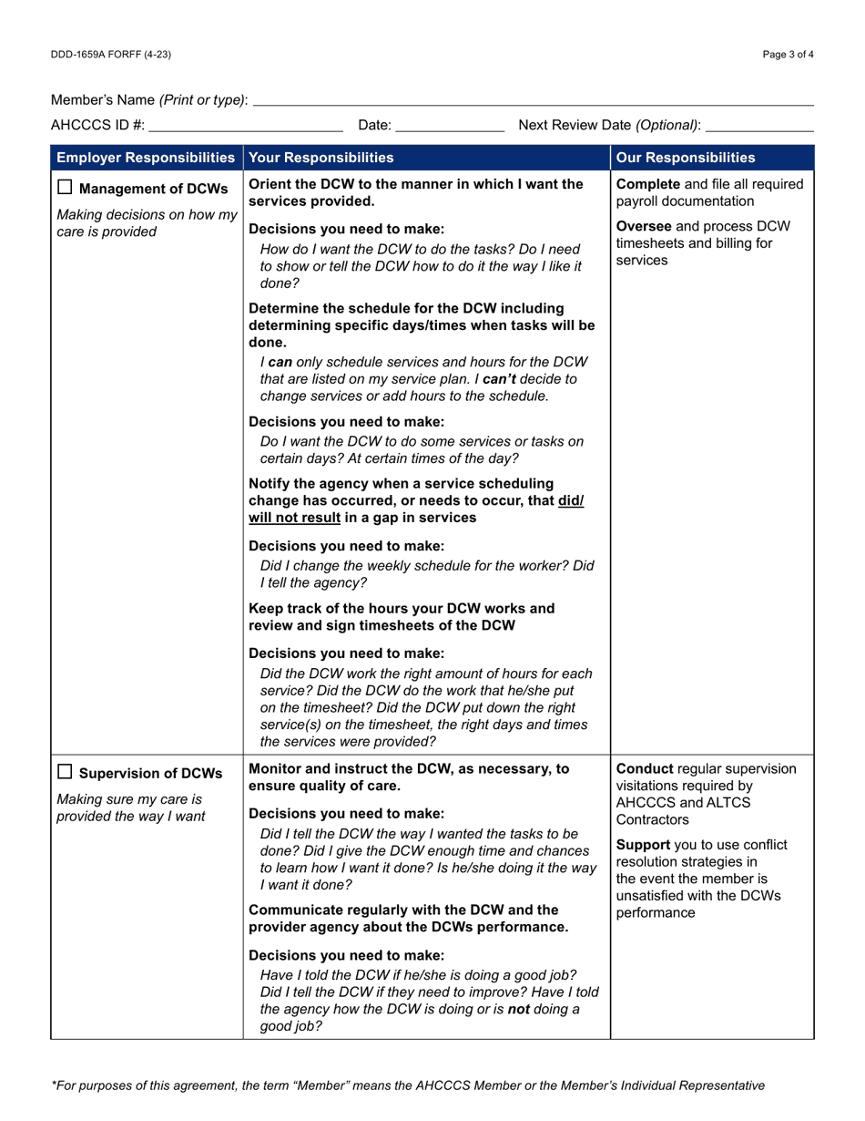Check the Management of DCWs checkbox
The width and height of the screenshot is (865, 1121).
(65, 190)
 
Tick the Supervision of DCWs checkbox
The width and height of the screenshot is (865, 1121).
(65, 774)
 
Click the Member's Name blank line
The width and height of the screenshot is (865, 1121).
(533, 99)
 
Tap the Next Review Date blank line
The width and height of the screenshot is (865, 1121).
(758, 125)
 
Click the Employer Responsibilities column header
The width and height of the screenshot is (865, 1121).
(146, 157)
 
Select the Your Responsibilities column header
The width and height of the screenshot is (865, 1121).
(321, 157)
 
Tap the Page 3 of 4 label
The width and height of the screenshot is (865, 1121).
(789, 55)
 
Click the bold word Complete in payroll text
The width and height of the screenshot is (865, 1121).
(649, 185)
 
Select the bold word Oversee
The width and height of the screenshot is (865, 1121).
(645, 227)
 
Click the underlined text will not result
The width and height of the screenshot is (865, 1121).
(297, 518)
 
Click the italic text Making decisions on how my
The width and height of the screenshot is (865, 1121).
(145, 215)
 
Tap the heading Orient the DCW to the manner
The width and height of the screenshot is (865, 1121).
(415, 184)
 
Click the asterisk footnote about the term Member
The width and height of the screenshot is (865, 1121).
(408, 1085)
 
